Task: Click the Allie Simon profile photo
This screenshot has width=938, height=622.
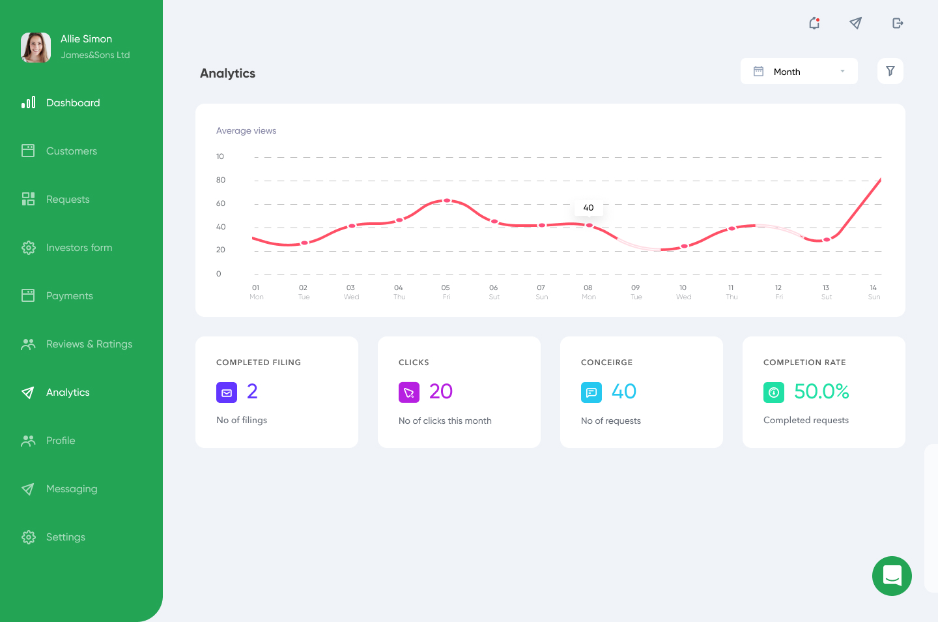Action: tap(36, 48)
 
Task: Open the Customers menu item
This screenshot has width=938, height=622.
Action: tap(71, 151)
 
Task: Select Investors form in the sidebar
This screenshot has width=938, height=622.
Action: tap(79, 248)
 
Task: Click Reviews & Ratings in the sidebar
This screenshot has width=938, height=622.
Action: tap(89, 344)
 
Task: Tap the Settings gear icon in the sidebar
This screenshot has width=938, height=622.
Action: tap(28, 537)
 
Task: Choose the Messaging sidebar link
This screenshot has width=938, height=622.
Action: tap(71, 489)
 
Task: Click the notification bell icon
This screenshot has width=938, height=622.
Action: tap(814, 23)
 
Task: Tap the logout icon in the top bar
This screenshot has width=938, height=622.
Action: tap(898, 23)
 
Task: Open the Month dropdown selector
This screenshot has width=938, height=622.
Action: tap(799, 72)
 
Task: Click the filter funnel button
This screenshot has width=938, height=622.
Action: tap(890, 71)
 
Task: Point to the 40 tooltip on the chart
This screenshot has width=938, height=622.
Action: tap(588, 208)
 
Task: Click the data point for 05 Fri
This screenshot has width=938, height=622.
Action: tap(447, 201)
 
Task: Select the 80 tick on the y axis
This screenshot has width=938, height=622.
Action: tap(221, 180)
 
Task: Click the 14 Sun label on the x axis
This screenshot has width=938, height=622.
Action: tap(874, 292)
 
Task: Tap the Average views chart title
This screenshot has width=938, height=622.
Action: tap(246, 131)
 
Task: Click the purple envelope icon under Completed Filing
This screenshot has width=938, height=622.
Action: tap(227, 392)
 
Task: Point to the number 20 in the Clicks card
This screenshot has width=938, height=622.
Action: tap(440, 391)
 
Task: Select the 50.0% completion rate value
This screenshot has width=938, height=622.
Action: tap(821, 391)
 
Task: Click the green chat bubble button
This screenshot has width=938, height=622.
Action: tap(892, 576)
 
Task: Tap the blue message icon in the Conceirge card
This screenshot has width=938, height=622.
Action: tap(591, 392)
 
